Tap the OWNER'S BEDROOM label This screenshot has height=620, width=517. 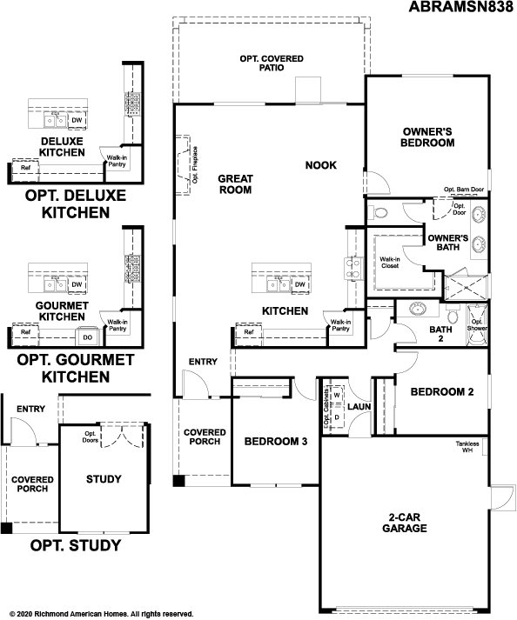click(428, 137)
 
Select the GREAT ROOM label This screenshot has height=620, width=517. click(235, 183)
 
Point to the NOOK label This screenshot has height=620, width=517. click(320, 164)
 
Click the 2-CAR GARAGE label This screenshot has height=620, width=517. click(406, 522)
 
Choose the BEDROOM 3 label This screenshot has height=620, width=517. click(275, 441)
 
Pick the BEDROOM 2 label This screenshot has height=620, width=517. click(442, 392)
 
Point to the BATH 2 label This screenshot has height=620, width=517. click(441, 335)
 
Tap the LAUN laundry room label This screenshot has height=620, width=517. click(359, 406)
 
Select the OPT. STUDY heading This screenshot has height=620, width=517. click(75, 546)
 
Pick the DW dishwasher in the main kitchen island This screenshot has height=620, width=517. click(299, 284)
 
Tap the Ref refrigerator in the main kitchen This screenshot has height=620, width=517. click(249, 332)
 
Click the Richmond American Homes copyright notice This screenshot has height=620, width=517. click(97, 613)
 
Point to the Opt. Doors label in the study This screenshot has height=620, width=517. click(89, 437)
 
